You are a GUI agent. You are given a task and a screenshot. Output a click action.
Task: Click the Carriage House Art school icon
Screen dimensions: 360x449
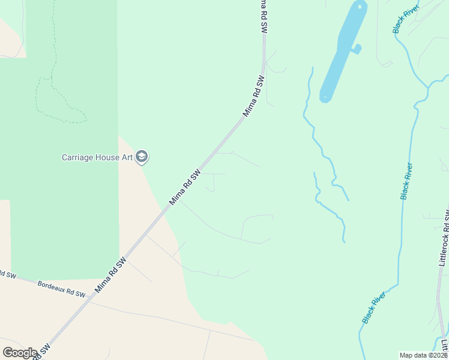point(142,157)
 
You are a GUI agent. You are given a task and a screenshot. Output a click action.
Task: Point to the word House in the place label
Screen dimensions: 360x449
point(106,158)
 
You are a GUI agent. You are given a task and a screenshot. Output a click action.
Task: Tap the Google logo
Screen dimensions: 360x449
point(20,353)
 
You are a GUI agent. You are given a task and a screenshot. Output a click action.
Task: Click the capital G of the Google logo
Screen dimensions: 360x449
point(7,353)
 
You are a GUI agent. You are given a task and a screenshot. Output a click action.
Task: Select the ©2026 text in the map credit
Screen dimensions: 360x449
point(438,355)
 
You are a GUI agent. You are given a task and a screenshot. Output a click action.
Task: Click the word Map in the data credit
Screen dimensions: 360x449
point(407,355)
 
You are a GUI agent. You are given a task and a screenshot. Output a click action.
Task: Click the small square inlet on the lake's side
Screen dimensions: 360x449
point(357,49)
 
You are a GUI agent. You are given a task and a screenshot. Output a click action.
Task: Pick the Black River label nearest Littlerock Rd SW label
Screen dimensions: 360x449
point(407,181)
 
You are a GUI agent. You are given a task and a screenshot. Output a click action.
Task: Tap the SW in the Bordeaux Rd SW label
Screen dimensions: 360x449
point(80,293)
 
